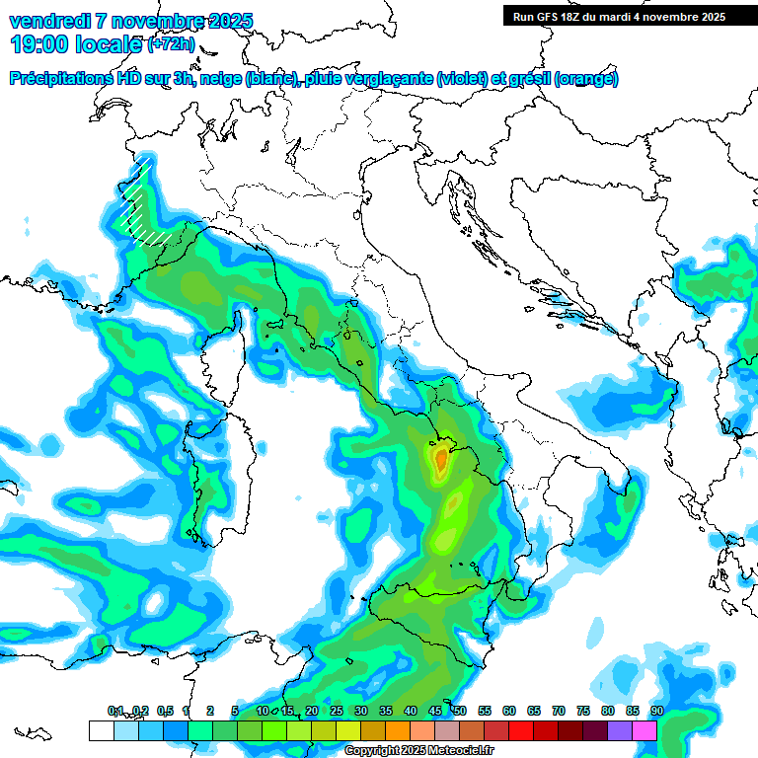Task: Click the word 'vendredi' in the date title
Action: pyautogui.click(x=43, y=21)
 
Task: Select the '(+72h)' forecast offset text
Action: pyautogui.click(x=171, y=44)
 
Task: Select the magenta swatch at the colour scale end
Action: pyautogui.click(x=644, y=730)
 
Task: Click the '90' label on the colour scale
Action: pyautogui.click(x=656, y=712)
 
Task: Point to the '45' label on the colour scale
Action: pyautogui.click(x=435, y=712)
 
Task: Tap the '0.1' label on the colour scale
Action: pyautogui.click(x=115, y=712)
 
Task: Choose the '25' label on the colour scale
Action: pyautogui.click(x=337, y=712)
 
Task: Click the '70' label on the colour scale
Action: pyautogui.click(x=559, y=712)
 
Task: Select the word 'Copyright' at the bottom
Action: pyautogui.click(x=372, y=751)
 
